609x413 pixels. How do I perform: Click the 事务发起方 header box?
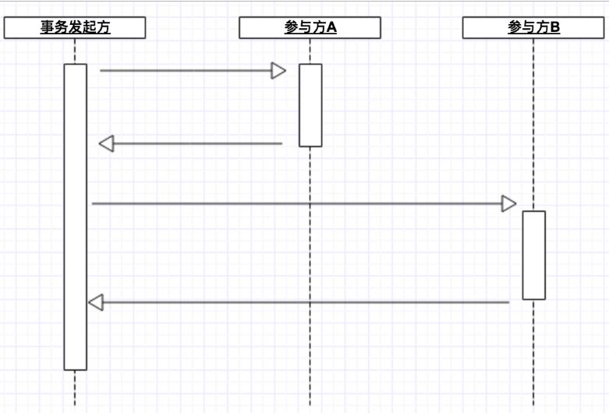pos(75,28)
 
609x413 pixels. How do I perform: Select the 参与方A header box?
pos(310,28)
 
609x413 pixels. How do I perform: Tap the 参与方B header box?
pos(533,28)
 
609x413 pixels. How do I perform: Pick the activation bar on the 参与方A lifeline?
pos(310,104)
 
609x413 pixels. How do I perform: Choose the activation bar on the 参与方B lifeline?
pos(533,255)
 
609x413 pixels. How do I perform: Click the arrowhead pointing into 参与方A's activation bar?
pos(278,71)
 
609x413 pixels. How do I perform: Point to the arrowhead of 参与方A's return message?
pos(107,143)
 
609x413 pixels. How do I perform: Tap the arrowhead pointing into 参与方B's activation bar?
pos(508,204)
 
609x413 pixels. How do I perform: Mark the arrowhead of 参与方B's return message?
pos(96,302)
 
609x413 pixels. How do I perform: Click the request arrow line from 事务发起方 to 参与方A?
pos(187,71)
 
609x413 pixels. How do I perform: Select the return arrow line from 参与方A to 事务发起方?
pos(195,143)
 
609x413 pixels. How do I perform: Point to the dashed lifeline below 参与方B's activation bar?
pos(533,351)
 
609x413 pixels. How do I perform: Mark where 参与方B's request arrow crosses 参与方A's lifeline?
pos(310,204)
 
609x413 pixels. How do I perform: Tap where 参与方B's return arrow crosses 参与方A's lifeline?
pos(310,302)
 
